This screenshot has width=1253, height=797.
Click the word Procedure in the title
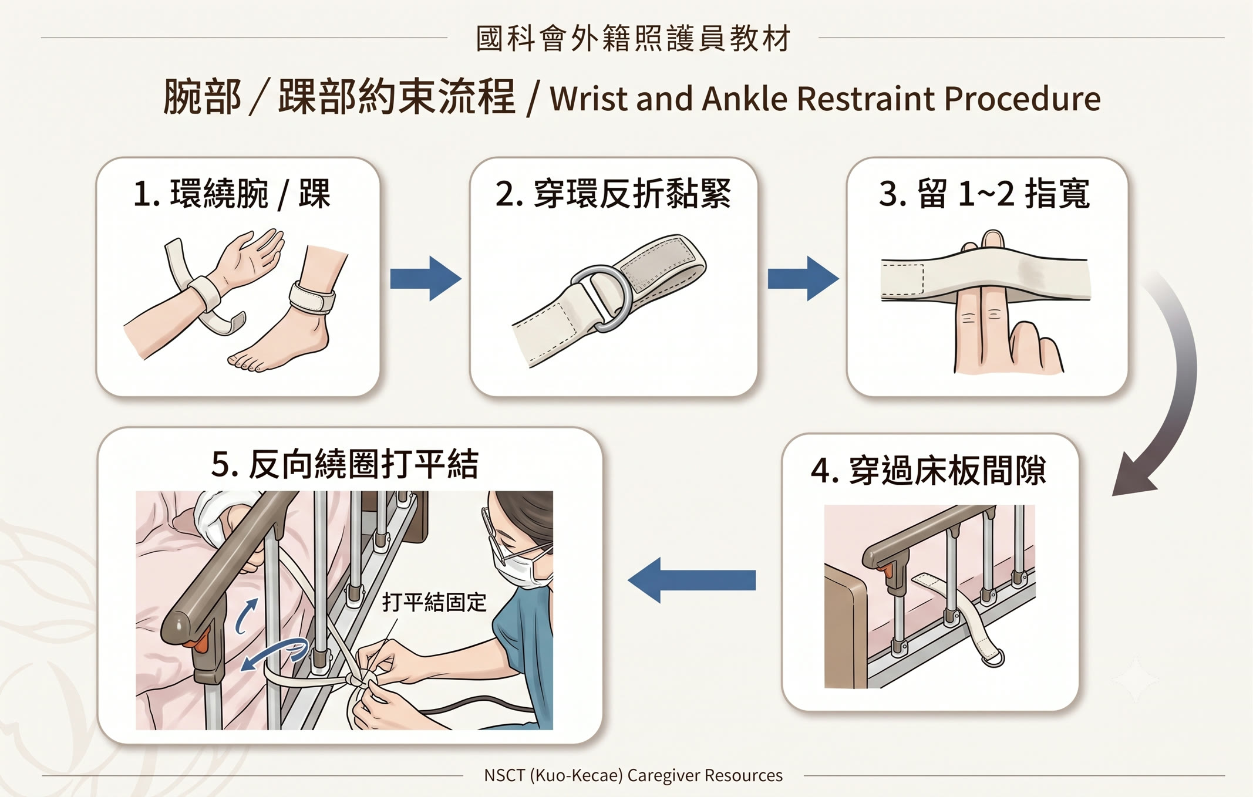point(1022,99)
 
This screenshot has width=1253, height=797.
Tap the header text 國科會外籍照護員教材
point(634,39)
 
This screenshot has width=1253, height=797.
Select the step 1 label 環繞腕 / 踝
point(232,193)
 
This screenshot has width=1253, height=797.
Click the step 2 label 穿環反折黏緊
point(613,193)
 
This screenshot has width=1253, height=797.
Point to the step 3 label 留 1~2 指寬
point(985,193)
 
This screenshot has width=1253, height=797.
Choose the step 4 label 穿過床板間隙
point(928,470)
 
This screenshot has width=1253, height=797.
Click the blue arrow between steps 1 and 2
point(426,278)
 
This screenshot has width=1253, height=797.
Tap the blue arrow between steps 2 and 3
point(803,278)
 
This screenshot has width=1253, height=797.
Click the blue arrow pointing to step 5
point(692,580)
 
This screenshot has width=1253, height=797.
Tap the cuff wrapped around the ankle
point(312,298)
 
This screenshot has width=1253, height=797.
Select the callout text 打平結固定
point(434,602)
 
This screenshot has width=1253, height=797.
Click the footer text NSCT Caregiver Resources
point(633,775)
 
